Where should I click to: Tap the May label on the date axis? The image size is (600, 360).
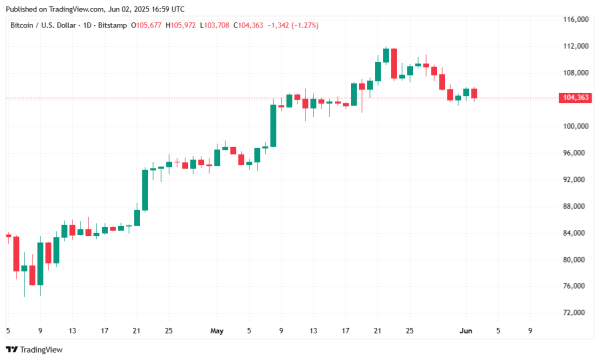(x=217, y=328)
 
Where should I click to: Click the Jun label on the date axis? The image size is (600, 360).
(x=464, y=328)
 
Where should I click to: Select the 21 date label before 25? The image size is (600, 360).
(x=137, y=328)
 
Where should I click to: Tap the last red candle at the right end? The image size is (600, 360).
(x=475, y=94)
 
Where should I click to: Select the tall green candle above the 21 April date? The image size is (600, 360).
(x=146, y=189)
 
